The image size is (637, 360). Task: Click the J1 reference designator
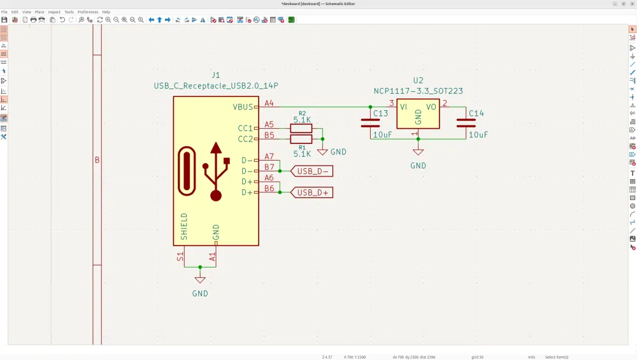click(216, 75)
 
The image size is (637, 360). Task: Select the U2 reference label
click(418, 80)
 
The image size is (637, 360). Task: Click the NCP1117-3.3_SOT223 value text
click(418, 91)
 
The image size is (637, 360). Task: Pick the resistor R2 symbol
click(301, 128)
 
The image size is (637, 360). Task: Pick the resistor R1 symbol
click(301, 139)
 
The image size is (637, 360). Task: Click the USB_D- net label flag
click(312, 171)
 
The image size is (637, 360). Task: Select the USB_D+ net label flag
click(312, 192)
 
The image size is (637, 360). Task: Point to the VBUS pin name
click(243, 107)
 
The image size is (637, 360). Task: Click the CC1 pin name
click(245, 128)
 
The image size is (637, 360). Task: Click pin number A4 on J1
click(269, 103)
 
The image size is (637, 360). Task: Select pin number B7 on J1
click(269, 167)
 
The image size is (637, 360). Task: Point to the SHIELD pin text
click(184, 226)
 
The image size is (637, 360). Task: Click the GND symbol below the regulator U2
click(418, 153)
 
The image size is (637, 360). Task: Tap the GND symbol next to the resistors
click(323, 152)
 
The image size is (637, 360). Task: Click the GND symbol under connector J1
click(200, 280)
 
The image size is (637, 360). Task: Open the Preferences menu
click(88, 11)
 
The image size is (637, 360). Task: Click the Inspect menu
click(54, 11)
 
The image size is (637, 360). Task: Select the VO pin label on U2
click(431, 107)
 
